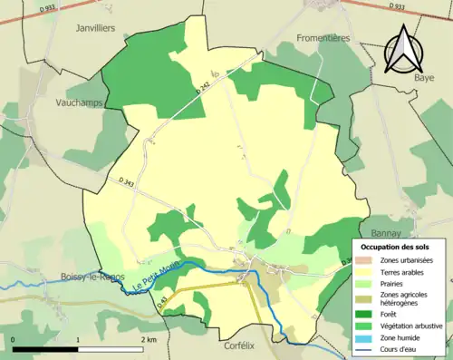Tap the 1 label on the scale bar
tap(79, 338)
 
